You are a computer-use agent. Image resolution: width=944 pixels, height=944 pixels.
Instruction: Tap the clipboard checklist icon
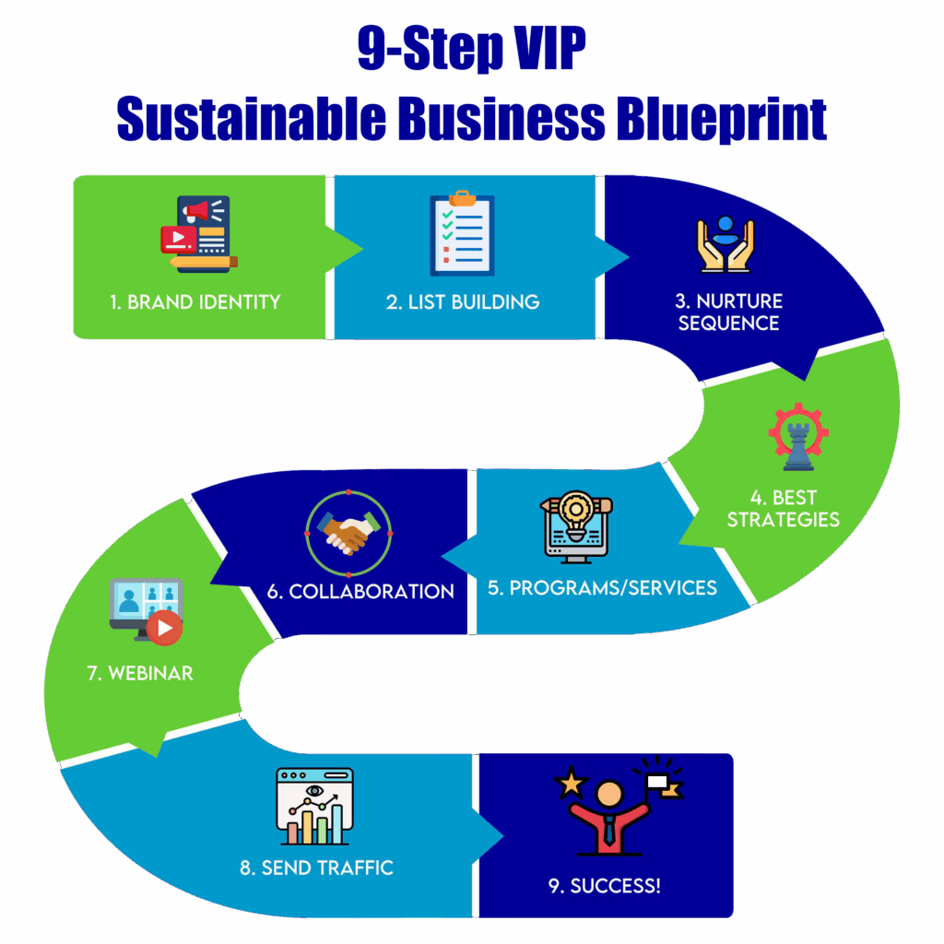[x=462, y=234]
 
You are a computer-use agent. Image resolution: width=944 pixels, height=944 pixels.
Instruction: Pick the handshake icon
[x=347, y=532]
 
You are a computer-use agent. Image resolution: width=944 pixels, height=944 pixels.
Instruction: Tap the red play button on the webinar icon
[x=164, y=629]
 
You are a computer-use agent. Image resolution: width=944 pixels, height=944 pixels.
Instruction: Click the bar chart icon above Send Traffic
[x=314, y=807]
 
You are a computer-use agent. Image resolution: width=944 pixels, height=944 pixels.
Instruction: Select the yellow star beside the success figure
[x=571, y=785]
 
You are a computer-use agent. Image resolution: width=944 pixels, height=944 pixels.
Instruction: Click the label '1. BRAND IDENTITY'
[x=195, y=301]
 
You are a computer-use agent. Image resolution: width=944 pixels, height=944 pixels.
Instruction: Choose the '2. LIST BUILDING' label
[x=463, y=301]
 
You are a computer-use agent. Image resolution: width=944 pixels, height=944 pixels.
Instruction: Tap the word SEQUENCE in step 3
[x=728, y=324]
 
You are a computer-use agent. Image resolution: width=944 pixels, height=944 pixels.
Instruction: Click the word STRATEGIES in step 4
[x=783, y=520]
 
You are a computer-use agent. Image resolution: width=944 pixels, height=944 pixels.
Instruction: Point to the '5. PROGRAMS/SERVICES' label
[x=602, y=587]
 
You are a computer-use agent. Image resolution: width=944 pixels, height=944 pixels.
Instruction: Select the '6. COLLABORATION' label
[x=360, y=591]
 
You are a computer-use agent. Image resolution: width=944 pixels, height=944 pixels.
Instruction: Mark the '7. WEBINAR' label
[x=140, y=673]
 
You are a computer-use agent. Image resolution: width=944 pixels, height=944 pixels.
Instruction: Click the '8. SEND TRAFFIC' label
[x=316, y=867]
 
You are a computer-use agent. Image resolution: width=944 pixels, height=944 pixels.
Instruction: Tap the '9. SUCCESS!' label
[x=604, y=887]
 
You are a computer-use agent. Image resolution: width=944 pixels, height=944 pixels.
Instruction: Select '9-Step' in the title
[x=425, y=51]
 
